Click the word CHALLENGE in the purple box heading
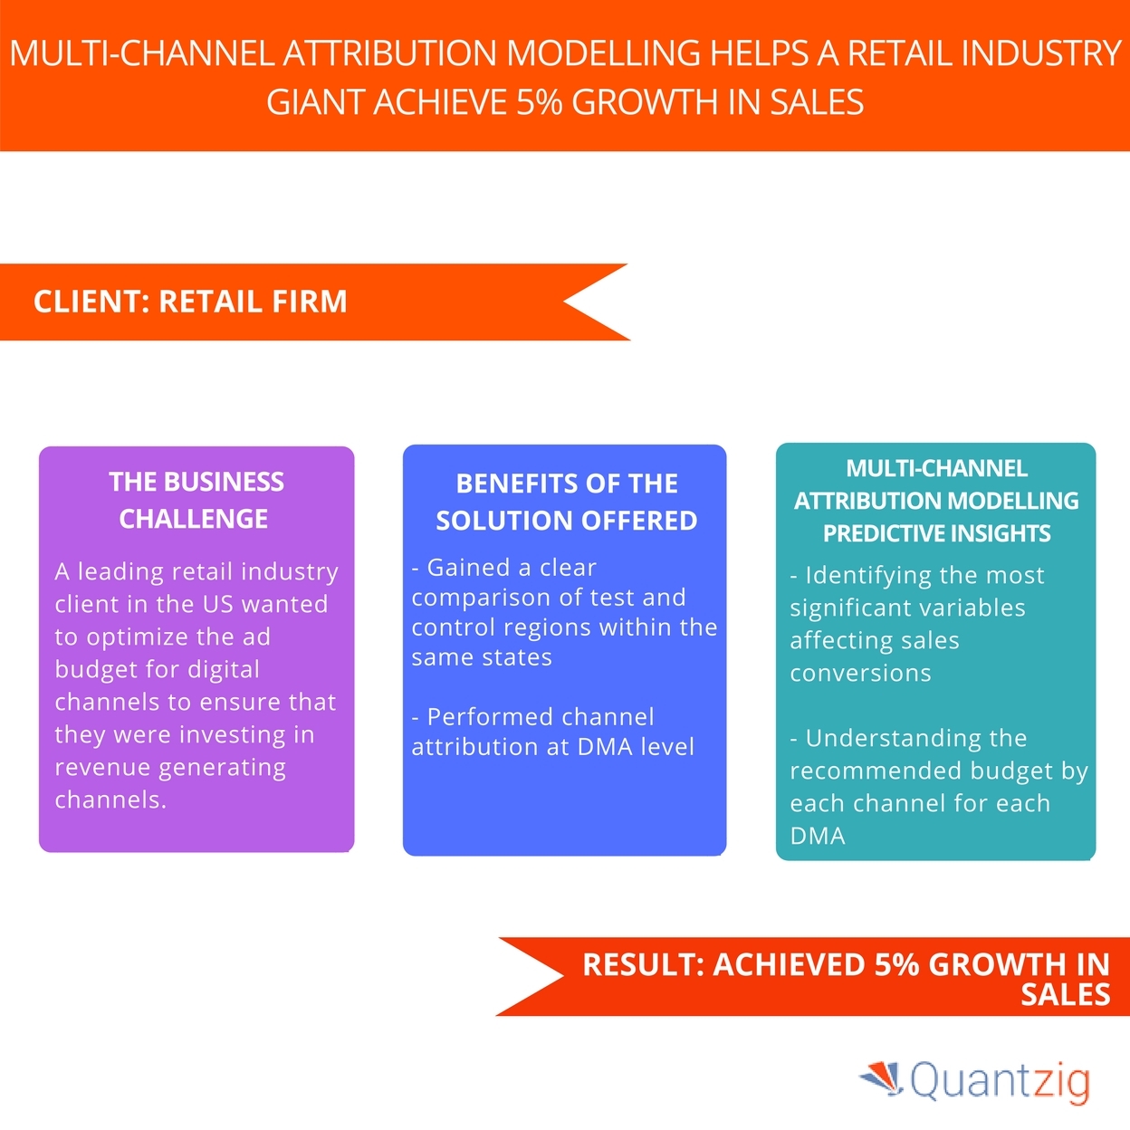coord(194,519)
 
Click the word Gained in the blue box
coord(468,568)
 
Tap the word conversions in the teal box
coord(860,674)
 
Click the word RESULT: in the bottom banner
coord(643,965)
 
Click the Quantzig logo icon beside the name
coord(881,1077)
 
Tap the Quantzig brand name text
coord(1000,1081)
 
